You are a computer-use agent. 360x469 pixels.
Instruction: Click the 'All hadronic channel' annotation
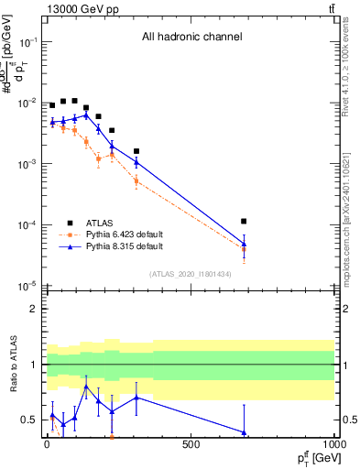coord(191,38)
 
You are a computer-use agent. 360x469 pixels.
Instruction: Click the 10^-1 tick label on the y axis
coord(27,42)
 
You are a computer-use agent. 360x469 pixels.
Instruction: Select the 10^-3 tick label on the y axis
coord(27,164)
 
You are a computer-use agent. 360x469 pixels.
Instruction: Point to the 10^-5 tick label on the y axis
coord(27,286)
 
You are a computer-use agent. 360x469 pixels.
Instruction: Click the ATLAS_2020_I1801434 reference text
coord(191,275)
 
